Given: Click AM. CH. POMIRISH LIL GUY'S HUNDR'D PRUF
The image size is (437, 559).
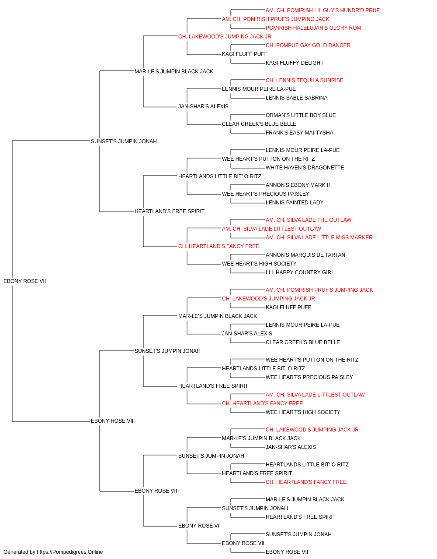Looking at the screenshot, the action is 322,10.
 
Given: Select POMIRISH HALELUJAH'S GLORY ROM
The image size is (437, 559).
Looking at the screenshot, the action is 313,28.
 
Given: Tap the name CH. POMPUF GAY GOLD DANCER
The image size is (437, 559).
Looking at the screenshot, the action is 308,45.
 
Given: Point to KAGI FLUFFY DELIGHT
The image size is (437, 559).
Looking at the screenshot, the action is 295,63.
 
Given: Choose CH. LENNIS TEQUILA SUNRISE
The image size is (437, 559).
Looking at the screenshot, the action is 304,80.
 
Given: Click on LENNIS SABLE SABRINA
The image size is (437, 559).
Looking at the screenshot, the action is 296,98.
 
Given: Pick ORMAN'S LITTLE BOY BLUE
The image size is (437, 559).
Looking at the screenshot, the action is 301,115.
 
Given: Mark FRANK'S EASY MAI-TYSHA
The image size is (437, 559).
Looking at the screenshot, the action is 299,133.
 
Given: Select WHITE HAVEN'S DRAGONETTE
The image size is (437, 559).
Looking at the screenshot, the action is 305,168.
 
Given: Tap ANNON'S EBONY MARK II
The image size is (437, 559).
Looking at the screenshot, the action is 298,186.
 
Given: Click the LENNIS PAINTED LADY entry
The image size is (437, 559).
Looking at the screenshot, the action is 295,203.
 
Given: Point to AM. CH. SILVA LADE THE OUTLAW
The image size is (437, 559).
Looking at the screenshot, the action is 309,221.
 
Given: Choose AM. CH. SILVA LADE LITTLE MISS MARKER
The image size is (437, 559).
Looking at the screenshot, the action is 319,238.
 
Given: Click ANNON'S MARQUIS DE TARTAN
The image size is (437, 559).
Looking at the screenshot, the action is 305,255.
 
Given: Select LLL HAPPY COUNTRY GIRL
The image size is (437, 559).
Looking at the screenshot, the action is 300,273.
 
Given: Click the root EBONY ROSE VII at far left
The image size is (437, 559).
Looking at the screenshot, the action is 25,282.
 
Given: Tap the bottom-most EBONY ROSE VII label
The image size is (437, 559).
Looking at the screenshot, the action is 287,552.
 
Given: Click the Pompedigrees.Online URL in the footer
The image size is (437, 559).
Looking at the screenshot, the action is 69,552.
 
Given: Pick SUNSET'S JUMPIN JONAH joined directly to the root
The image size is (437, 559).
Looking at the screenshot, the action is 124,142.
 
